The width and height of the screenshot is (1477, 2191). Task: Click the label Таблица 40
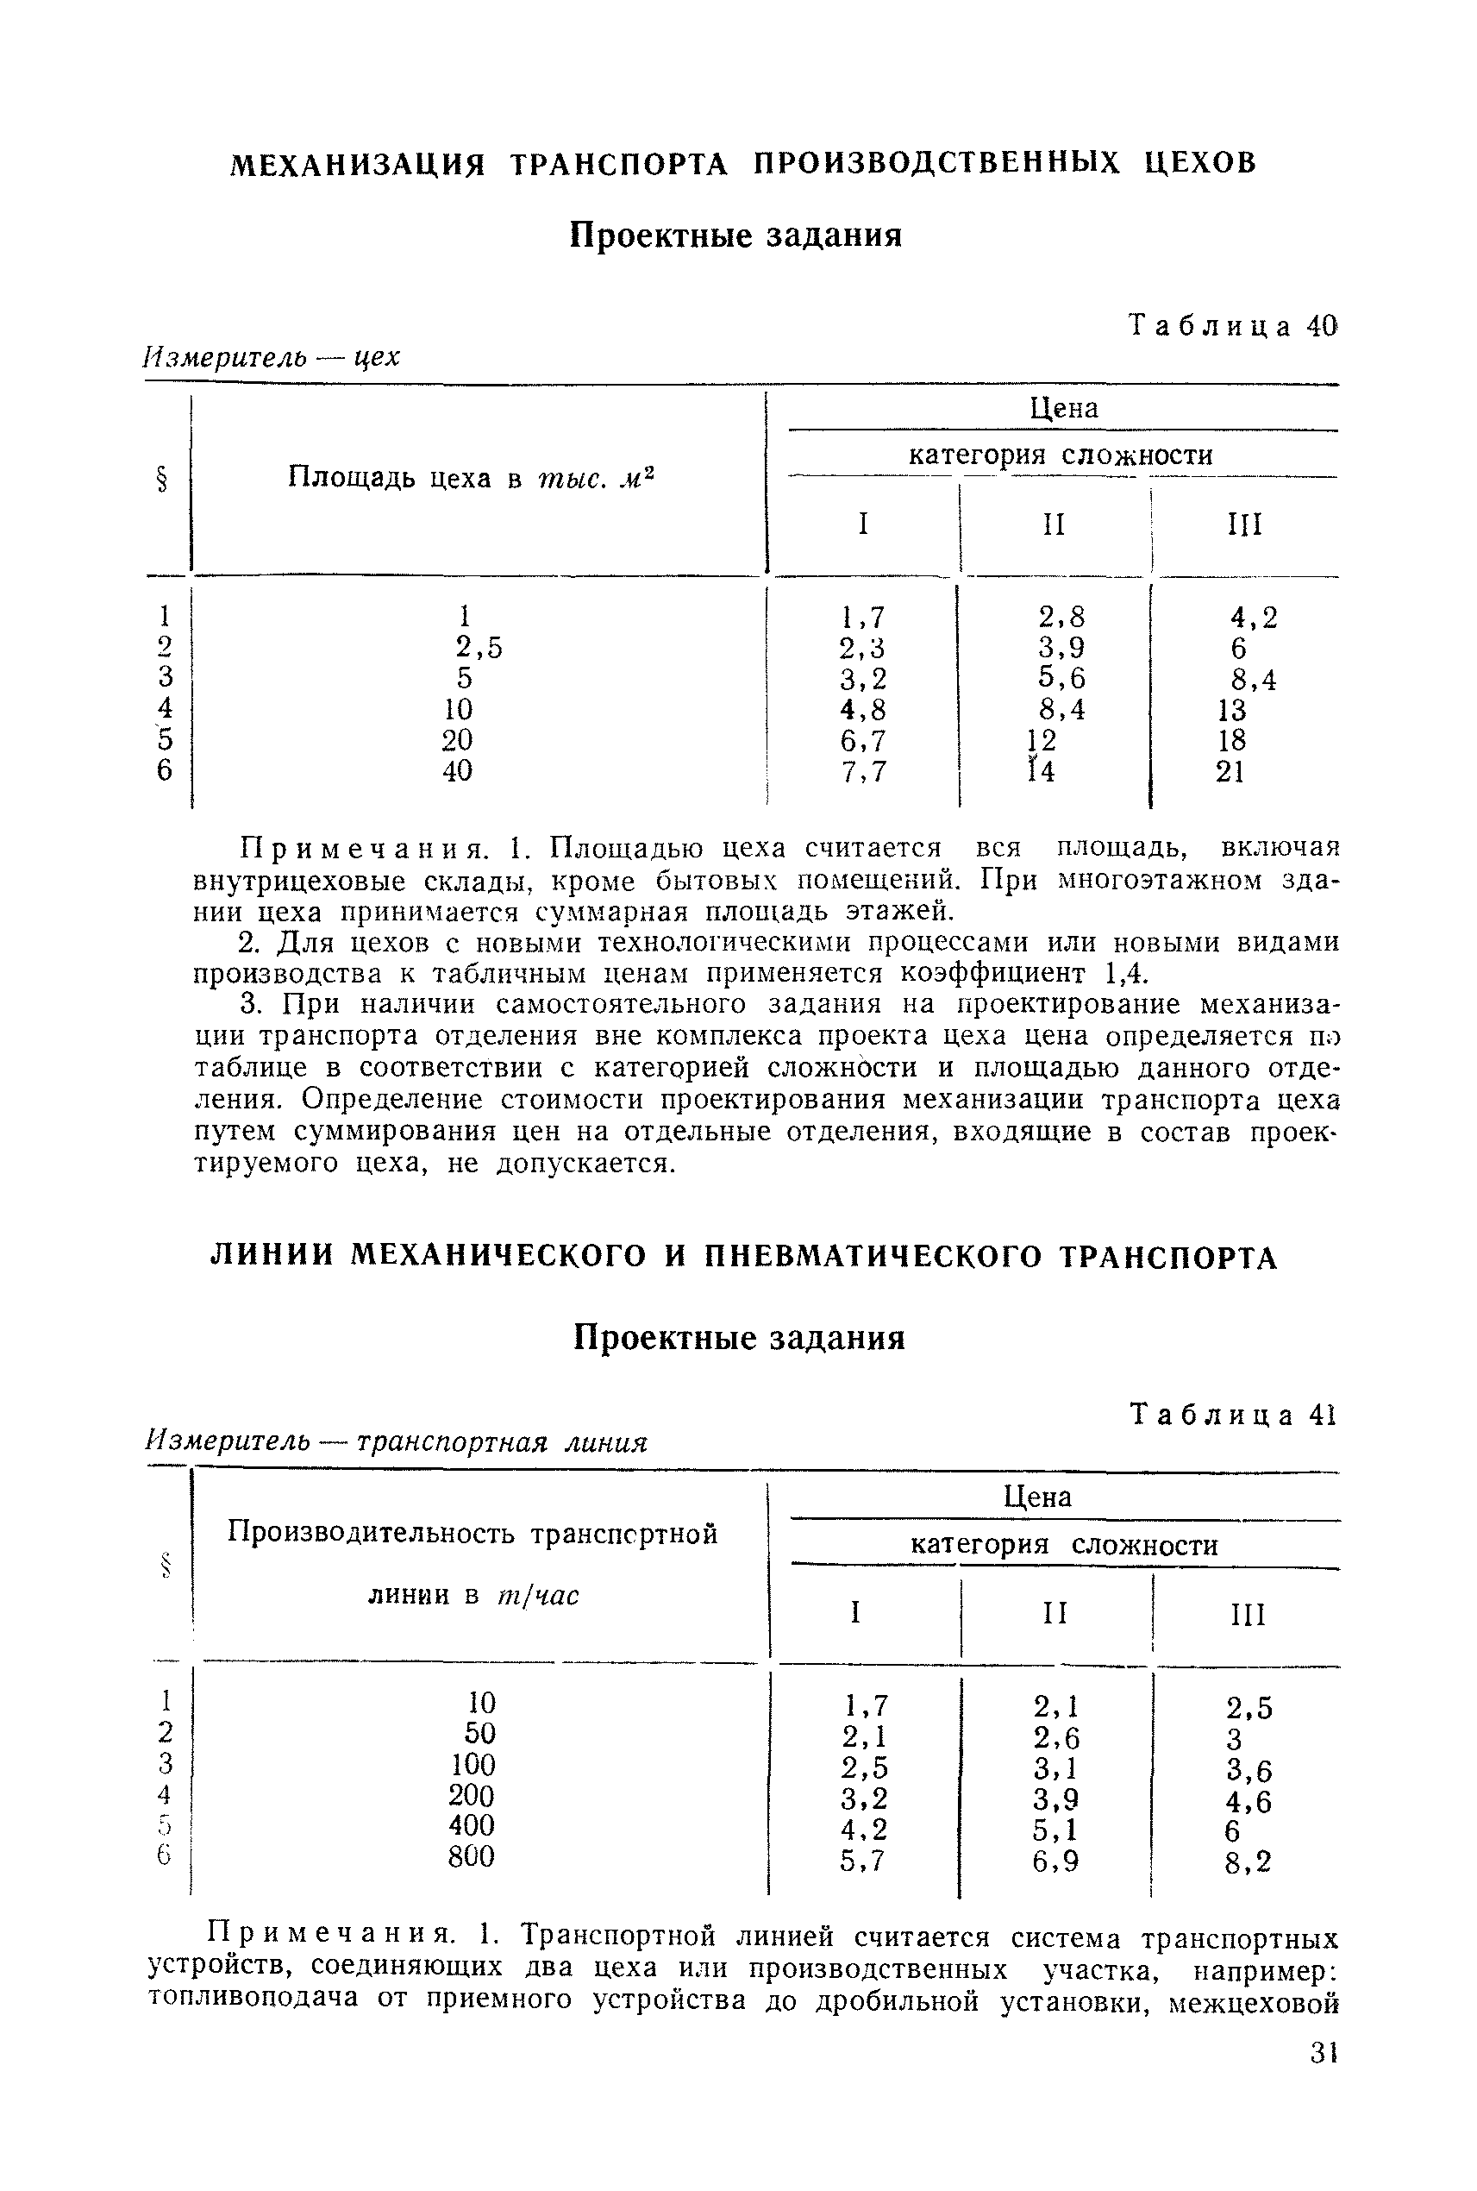point(1232,326)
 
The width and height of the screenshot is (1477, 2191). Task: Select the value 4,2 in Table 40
point(1254,618)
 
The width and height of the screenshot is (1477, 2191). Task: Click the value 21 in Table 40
point(1230,772)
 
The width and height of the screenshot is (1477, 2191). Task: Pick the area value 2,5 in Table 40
point(479,648)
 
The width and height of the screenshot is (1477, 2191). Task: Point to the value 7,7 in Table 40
point(863,772)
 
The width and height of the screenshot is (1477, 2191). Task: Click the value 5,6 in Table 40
point(1061,679)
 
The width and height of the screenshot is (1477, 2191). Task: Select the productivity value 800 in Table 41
point(471,1856)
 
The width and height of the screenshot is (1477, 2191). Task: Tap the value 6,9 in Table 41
point(1055,1861)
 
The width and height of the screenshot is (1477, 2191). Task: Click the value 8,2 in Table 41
point(1249,1862)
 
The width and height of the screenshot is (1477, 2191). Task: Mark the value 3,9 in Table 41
point(1055,1800)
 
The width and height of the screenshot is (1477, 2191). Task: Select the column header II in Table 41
point(1055,1614)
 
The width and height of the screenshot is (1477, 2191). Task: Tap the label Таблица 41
point(1232,1416)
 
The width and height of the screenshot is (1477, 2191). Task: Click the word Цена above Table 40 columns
point(1063,408)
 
